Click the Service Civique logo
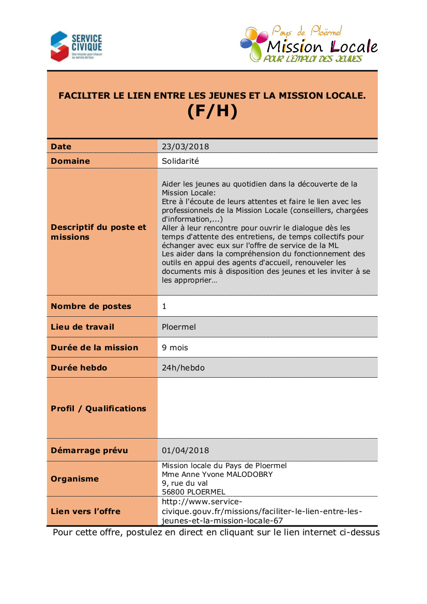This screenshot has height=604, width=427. (x=76, y=45)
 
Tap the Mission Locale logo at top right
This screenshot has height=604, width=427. (x=309, y=44)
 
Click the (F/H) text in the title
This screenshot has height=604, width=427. (x=212, y=112)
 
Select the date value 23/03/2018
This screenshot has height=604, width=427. (x=186, y=147)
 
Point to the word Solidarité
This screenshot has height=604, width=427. (x=180, y=161)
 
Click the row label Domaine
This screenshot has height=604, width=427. (x=70, y=161)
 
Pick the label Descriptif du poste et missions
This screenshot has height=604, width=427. (x=99, y=232)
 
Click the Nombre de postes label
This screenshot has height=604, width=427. (x=91, y=306)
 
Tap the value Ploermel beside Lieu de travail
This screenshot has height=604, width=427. (x=179, y=327)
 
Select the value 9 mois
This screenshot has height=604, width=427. (x=175, y=348)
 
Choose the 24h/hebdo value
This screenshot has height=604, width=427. (x=184, y=368)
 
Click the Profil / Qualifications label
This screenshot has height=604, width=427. (x=98, y=409)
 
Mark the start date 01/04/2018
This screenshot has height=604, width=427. (x=186, y=451)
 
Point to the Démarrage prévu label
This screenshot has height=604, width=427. (x=89, y=451)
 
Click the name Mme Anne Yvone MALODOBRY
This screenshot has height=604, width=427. (x=217, y=474)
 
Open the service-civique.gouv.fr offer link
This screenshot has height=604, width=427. (x=262, y=512)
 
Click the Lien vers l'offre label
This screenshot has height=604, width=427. (x=85, y=512)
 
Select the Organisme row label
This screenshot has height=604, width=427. (x=74, y=479)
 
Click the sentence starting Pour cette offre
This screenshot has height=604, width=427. (x=216, y=533)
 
